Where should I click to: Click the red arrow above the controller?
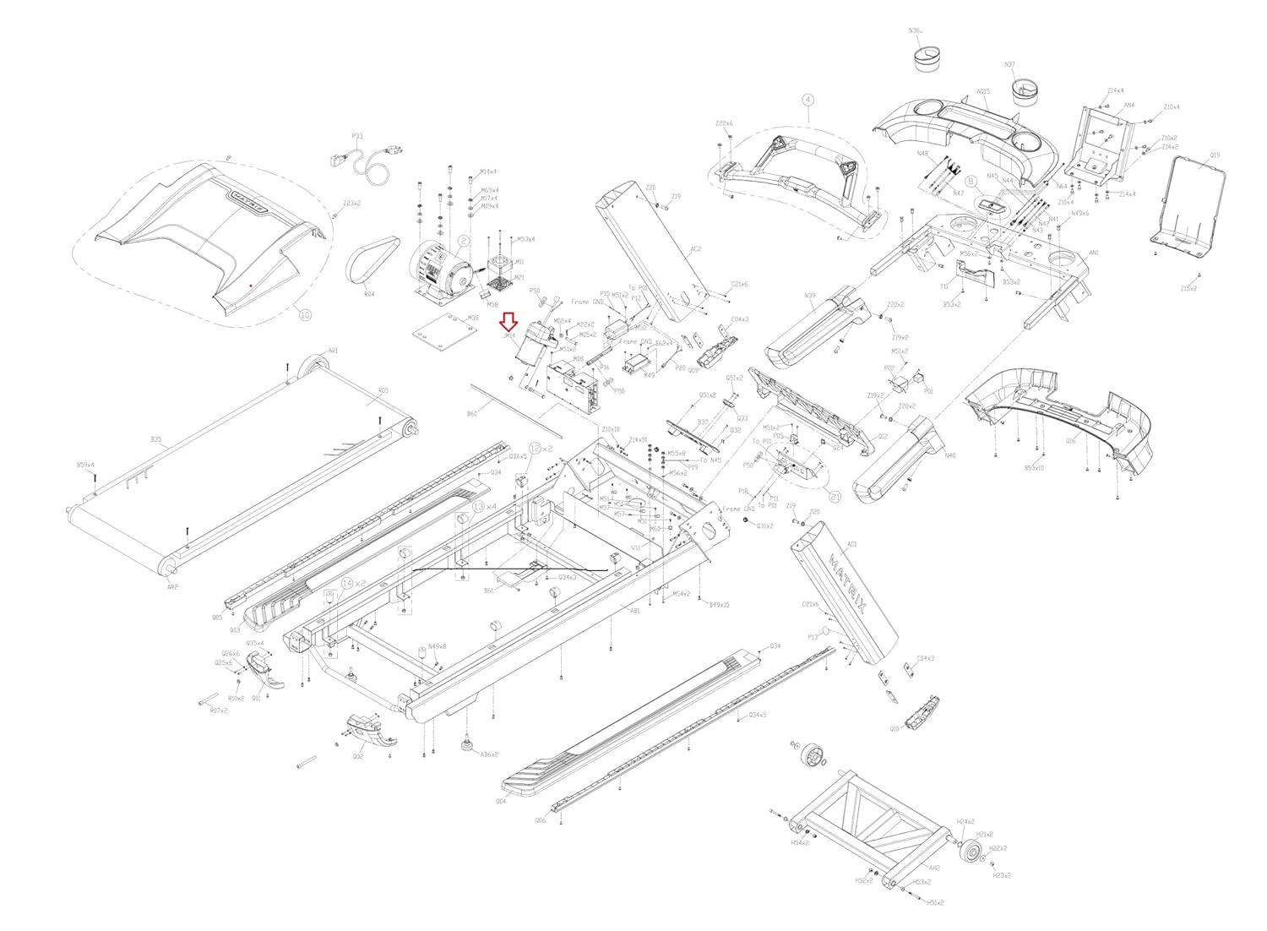pyautogui.click(x=508, y=322)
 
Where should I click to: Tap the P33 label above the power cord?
pyautogui.click(x=356, y=135)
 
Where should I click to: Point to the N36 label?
pyautogui.click(x=915, y=30)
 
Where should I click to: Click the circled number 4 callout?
pyautogui.click(x=808, y=100)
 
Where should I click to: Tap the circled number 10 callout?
pyautogui.click(x=305, y=314)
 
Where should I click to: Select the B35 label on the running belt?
pyautogui.click(x=155, y=439)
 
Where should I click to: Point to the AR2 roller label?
pyautogui.click(x=172, y=586)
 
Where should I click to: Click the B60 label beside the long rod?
pyautogui.click(x=472, y=415)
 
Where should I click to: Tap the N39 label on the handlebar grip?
pyautogui.click(x=810, y=296)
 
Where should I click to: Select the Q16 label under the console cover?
pyautogui.click(x=1071, y=440)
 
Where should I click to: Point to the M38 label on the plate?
pyautogui.click(x=473, y=318)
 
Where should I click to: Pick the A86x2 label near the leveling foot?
pyautogui.click(x=489, y=754)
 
